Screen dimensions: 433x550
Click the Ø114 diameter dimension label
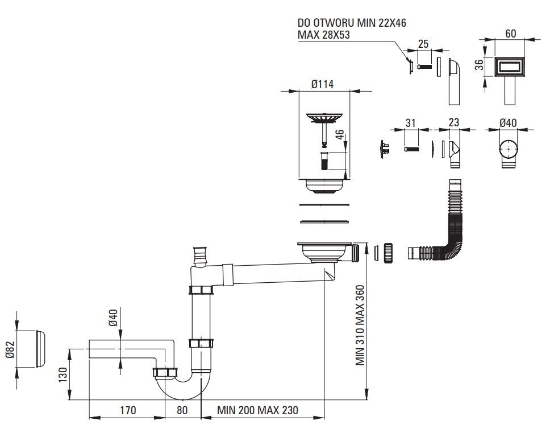(322, 84)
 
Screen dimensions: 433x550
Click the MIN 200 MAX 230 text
(257, 410)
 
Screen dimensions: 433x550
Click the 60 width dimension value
(510, 35)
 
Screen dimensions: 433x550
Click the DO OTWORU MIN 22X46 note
(353, 24)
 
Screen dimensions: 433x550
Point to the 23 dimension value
(453, 122)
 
